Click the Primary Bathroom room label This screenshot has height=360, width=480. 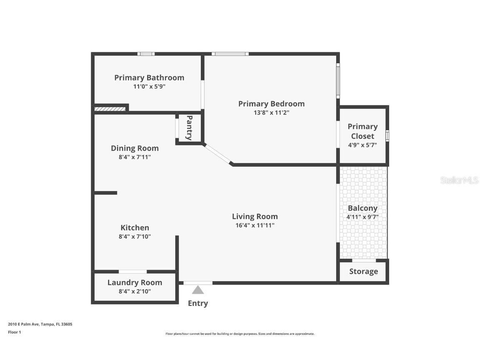click(149, 78)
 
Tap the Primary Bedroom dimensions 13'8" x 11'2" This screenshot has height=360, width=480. click(271, 112)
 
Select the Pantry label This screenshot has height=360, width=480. click(189, 128)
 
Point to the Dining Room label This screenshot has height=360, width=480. click(135, 148)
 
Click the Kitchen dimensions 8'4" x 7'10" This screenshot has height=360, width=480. click(135, 237)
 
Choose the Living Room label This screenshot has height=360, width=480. click(255, 217)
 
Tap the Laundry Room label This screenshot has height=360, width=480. click(135, 282)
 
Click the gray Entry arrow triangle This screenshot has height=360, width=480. click(198, 290)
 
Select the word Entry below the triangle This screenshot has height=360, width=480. click(198, 303)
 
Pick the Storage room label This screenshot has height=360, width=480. click(363, 272)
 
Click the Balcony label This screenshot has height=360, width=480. click(362, 208)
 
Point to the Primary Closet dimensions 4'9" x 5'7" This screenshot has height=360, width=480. click(362, 145)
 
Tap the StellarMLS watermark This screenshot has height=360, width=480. click(460, 180)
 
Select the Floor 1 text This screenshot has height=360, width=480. click(14, 332)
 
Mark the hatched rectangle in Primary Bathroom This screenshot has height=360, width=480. click(110, 109)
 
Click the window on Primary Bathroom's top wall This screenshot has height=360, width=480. click(146, 54)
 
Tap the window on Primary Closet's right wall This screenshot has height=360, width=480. click(387, 136)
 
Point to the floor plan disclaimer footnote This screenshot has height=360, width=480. click(240, 334)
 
